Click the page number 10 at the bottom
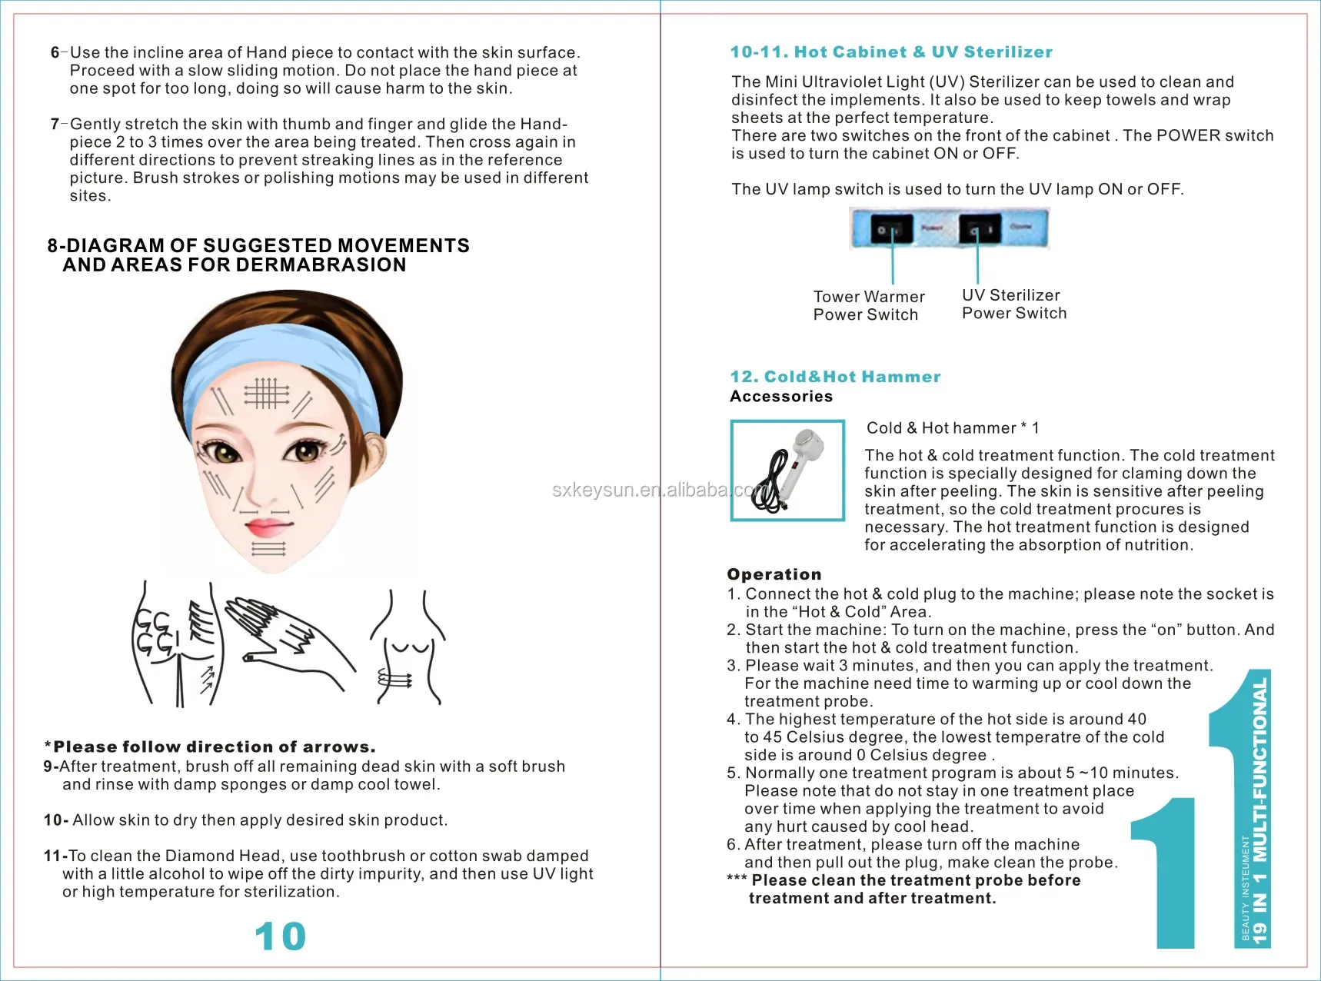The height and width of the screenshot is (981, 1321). coord(280,936)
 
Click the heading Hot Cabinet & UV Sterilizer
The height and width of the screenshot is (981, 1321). coord(891,52)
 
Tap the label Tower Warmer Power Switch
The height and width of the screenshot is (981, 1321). coord(868,305)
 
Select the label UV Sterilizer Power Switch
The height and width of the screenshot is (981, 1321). coord(1013,304)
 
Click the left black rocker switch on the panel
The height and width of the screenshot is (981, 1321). coord(892,230)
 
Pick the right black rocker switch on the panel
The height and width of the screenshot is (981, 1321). coord(979,230)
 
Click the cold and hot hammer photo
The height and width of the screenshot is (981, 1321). coord(787,471)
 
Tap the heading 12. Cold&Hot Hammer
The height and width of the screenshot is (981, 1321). coord(835,377)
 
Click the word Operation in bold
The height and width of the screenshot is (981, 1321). coord(774,574)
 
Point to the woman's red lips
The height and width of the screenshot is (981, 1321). coord(266,527)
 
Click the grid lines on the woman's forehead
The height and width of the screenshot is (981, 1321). coord(266,393)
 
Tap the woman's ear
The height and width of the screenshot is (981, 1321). coord(374,456)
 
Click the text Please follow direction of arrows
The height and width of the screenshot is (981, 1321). coord(210,747)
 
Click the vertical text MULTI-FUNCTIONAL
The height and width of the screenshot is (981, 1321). coord(1259,769)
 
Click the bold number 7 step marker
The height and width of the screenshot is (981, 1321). coord(55,124)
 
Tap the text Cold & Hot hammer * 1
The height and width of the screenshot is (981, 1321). coord(952,428)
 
